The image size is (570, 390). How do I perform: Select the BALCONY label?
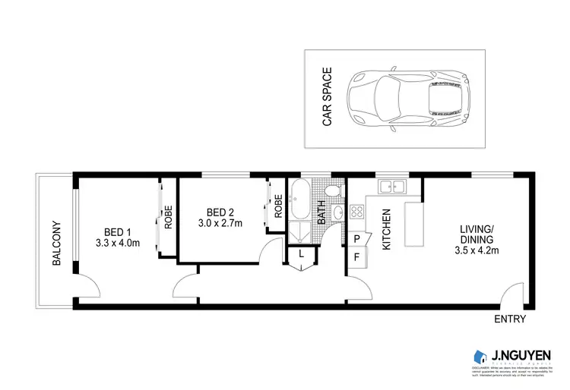[x=55, y=243]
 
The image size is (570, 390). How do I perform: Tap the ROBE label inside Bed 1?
[x=168, y=218]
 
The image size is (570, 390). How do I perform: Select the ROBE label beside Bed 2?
[x=278, y=207]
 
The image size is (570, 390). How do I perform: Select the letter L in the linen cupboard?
[x=302, y=254]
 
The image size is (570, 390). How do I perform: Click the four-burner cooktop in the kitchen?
[x=356, y=212]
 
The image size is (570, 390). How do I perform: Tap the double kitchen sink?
[x=393, y=186]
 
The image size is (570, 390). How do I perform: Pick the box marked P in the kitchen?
[x=356, y=240]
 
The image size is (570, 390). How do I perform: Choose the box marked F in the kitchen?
[x=356, y=257]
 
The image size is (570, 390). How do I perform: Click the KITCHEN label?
[x=385, y=230]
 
